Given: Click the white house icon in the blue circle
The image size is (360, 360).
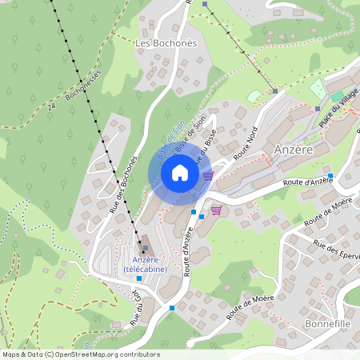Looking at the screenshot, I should point(179,173).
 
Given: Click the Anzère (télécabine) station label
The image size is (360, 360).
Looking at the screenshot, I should point(145,265).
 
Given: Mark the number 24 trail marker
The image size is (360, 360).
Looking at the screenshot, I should point(52,105).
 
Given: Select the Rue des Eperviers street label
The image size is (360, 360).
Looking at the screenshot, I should point(337,252).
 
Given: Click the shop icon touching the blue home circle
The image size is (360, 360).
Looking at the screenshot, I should point(208,175).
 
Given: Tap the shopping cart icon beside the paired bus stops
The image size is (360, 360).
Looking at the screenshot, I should point(215,210).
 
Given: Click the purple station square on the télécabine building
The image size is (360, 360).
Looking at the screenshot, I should point(145,248).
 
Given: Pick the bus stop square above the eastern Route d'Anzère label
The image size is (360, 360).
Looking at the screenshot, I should point(330,175).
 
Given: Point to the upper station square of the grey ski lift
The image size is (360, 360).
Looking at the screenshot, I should point(205,5).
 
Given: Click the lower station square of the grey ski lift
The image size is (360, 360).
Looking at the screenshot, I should point(275,91).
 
